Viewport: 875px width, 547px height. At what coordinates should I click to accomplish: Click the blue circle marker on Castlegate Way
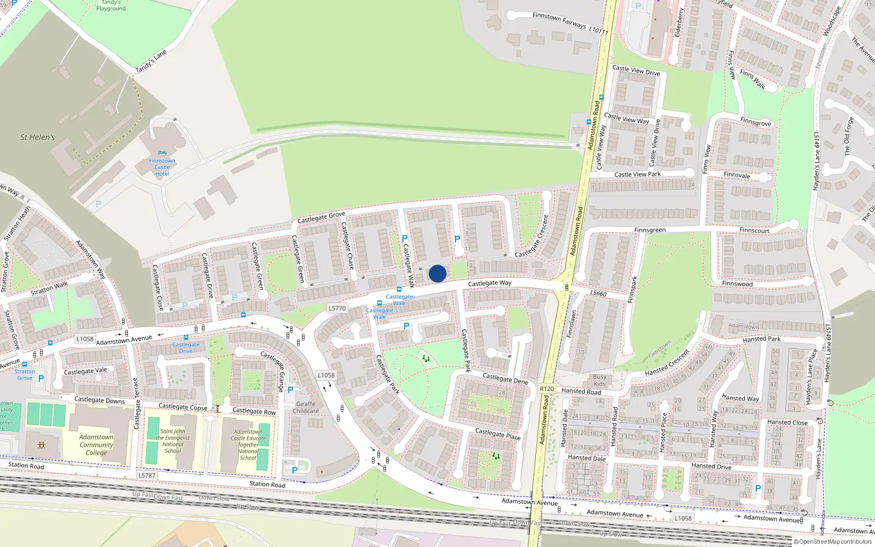point(437,273)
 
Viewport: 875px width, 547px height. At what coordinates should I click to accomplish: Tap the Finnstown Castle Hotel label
point(162,167)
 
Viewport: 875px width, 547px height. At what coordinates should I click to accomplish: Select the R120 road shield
point(547,388)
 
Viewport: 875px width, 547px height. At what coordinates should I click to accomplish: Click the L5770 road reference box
point(337,309)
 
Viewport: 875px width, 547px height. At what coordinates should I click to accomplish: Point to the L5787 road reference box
point(147,475)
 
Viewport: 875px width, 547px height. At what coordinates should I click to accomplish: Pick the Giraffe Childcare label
point(306,408)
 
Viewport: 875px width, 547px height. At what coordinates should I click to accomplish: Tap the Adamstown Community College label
point(96,445)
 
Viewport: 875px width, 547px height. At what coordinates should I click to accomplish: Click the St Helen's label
point(38,137)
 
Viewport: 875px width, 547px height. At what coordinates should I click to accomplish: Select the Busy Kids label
point(599,380)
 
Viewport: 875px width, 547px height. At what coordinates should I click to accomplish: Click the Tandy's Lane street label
point(151,61)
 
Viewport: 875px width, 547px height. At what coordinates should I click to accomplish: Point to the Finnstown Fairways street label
point(570,23)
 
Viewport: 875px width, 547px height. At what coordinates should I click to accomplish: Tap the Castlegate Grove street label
point(321,217)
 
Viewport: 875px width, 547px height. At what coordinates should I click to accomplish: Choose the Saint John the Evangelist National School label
point(173,441)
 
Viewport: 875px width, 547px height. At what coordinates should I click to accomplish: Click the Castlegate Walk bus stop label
point(399,300)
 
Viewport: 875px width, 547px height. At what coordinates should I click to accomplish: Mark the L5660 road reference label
point(598,293)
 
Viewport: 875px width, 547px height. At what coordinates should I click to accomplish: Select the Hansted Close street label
point(787,422)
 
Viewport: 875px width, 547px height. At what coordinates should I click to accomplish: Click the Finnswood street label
point(737,284)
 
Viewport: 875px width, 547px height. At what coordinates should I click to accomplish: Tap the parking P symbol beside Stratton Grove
point(41,378)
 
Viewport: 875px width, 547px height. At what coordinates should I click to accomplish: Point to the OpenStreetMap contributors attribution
point(832,542)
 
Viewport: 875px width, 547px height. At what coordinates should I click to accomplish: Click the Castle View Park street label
point(637,174)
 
